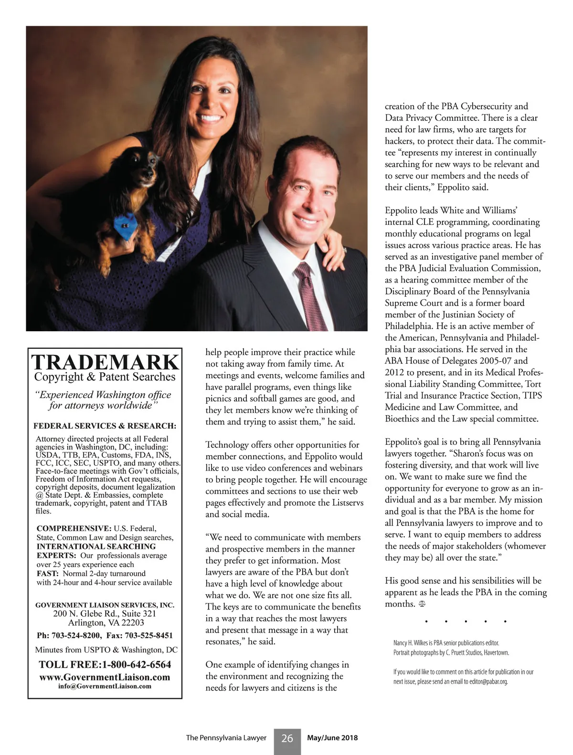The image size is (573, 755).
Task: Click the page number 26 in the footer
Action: [x=287, y=738]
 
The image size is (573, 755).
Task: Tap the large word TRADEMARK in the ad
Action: [x=105, y=363]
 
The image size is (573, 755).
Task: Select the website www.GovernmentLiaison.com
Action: [x=105, y=677]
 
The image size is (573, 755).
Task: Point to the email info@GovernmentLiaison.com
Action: [x=105, y=686]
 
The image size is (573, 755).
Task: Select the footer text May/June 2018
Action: [x=332, y=738]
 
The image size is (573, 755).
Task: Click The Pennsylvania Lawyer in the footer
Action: [x=226, y=738]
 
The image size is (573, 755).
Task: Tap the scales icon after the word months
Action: [x=422, y=604]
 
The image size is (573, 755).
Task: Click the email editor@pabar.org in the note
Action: [x=488, y=682]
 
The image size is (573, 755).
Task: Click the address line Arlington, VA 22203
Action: [x=106, y=623]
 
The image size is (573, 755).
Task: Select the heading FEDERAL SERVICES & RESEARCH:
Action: [x=105, y=426]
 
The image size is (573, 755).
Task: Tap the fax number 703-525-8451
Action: [x=149, y=635]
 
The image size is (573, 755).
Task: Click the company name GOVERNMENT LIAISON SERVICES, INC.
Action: [x=105, y=605]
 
